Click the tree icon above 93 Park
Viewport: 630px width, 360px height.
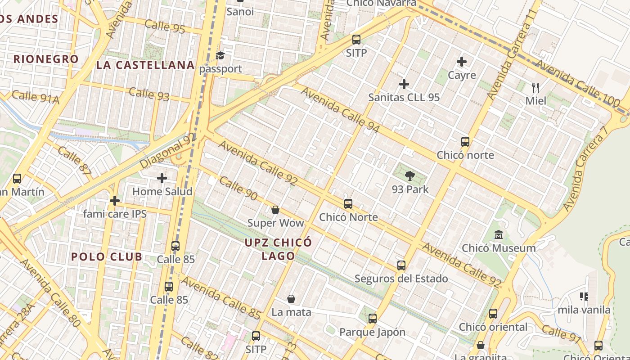click(409, 175)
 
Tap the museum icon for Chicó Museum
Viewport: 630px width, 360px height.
click(499, 234)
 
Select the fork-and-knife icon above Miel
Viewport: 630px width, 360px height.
click(535, 87)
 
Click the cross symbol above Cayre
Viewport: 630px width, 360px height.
click(462, 62)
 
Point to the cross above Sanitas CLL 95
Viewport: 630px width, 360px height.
click(404, 84)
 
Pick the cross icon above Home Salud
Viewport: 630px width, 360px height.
click(162, 178)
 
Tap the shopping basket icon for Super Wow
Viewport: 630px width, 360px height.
click(275, 210)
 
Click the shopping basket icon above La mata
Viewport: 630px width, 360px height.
click(291, 299)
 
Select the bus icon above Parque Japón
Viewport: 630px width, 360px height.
click(372, 319)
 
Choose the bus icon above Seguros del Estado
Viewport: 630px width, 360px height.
click(401, 265)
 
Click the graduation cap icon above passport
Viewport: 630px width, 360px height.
click(220, 55)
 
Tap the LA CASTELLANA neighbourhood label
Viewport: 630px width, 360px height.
click(145, 65)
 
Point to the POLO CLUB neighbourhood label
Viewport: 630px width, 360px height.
click(107, 257)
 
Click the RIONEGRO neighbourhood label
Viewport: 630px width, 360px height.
click(46, 59)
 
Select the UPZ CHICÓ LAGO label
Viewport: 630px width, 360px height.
click(278, 249)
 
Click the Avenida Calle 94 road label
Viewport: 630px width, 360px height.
click(340, 110)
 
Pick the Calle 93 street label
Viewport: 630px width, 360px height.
click(149, 94)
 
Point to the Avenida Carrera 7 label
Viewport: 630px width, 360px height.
click(585, 166)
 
